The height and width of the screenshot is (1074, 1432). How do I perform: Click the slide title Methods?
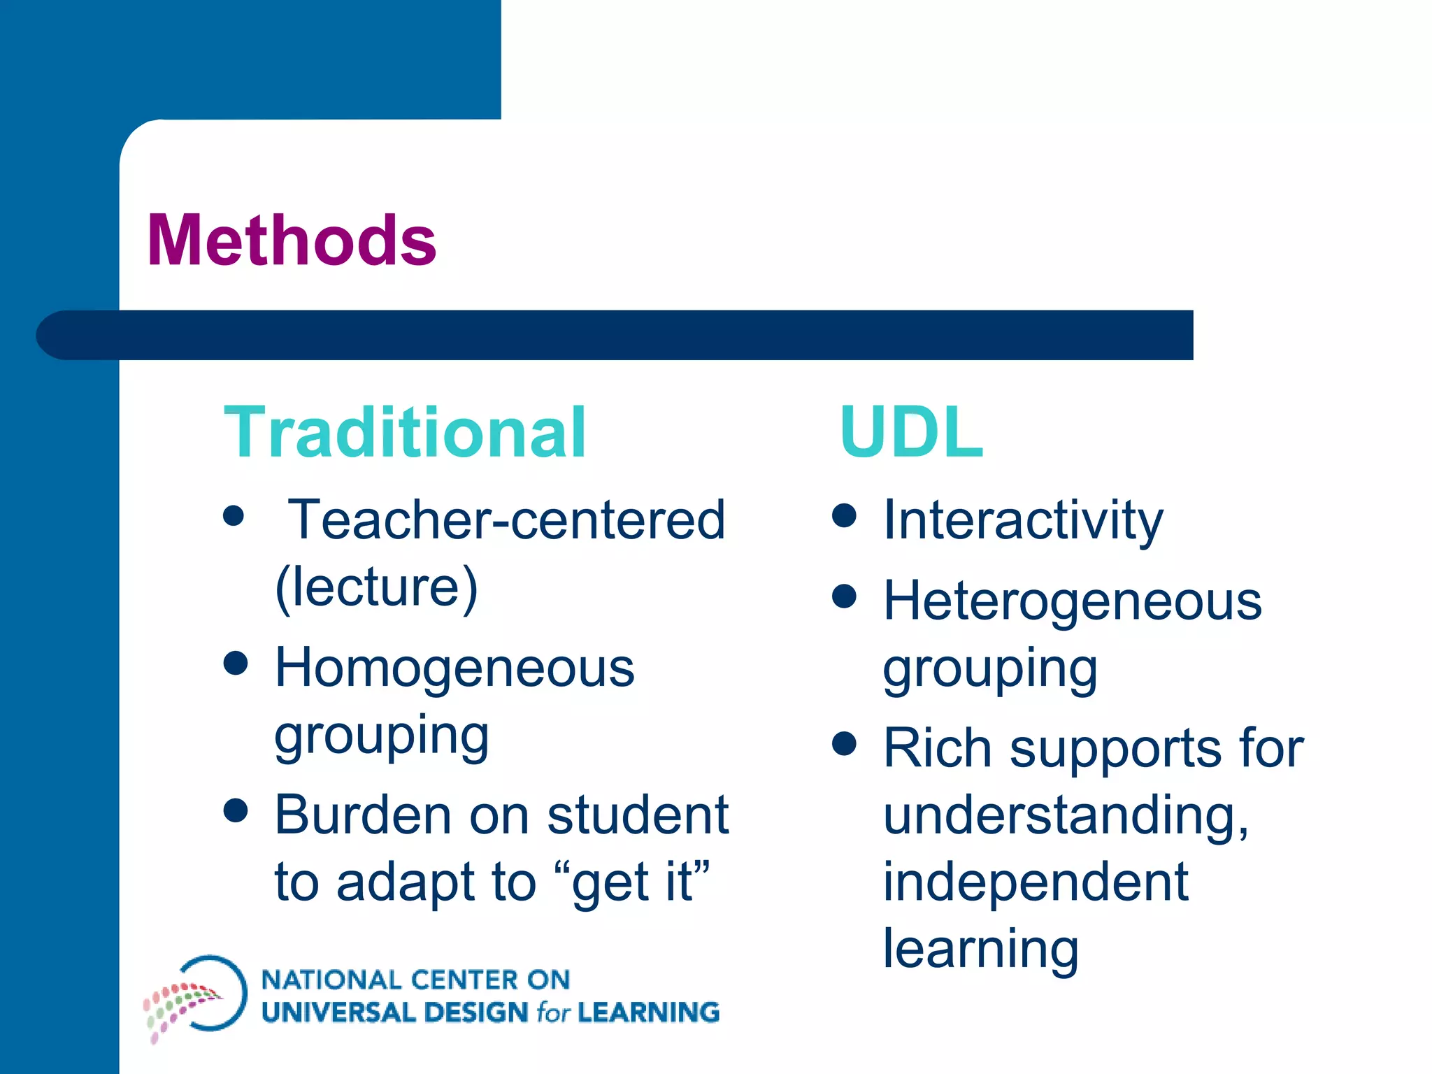coord(292,241)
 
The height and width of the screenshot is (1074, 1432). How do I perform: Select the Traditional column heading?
coord(405,433)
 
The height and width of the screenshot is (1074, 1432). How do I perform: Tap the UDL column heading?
coord(912,433)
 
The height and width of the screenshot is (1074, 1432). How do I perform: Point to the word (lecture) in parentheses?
coord(376,587)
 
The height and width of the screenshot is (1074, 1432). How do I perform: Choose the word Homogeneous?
coord(454,668)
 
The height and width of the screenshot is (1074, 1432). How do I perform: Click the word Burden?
coord(363,815)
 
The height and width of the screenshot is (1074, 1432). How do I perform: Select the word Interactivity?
coord(1023,520)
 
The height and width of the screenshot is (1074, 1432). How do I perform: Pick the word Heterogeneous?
coord(1073,601)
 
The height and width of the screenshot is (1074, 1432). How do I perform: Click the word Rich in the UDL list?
coord(937,748)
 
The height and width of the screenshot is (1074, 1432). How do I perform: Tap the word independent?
coord(1036,882)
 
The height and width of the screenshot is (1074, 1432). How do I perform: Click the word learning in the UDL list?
coord(981,950)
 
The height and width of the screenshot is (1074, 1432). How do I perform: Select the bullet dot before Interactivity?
coord(845,516)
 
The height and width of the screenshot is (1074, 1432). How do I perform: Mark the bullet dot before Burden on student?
coord(236,810)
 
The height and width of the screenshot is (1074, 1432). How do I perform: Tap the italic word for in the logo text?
coord(553,1012)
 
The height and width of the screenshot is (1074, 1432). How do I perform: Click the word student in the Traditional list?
coord(638,815)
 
